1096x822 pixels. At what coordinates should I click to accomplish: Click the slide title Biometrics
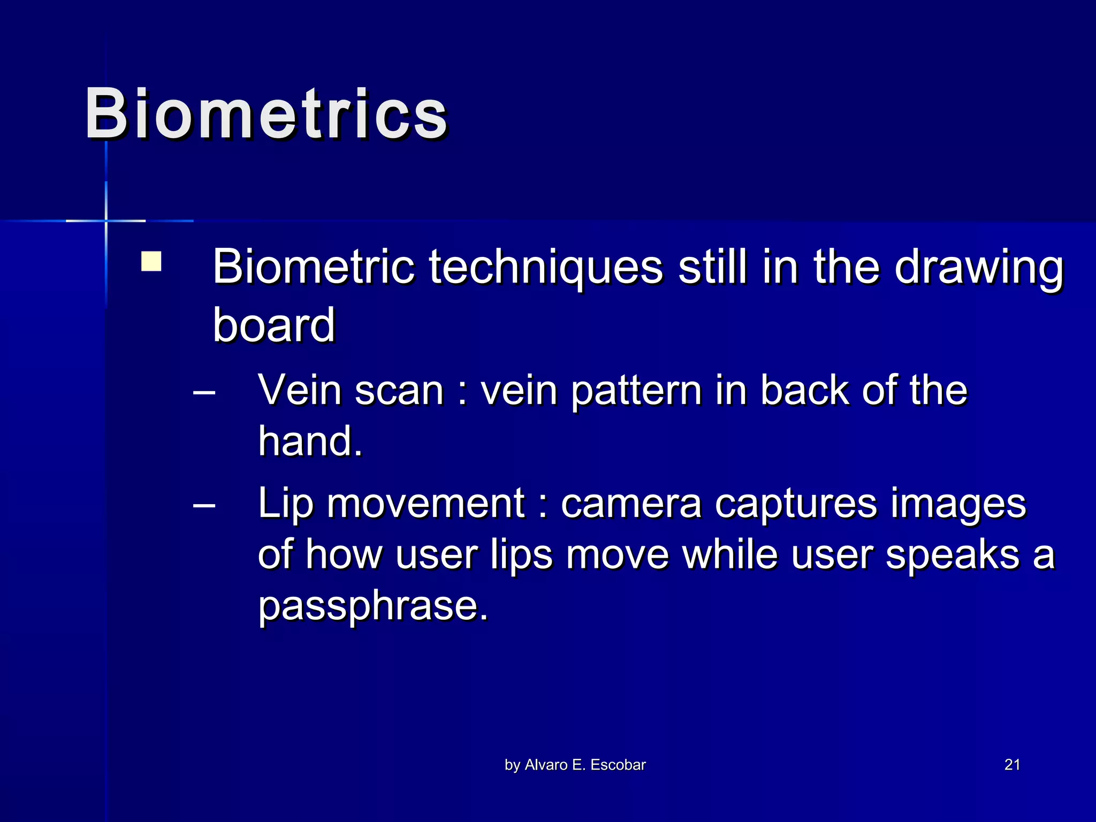266,114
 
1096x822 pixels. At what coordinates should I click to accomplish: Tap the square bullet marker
151,262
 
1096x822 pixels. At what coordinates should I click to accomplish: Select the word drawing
979,268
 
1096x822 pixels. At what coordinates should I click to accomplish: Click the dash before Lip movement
204,505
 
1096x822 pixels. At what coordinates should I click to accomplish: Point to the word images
958,505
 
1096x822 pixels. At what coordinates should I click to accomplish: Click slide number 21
1012,765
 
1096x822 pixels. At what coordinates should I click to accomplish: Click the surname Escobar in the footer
618,765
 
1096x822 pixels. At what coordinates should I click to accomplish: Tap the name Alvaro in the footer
546,765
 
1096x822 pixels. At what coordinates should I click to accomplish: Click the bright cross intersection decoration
106,220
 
